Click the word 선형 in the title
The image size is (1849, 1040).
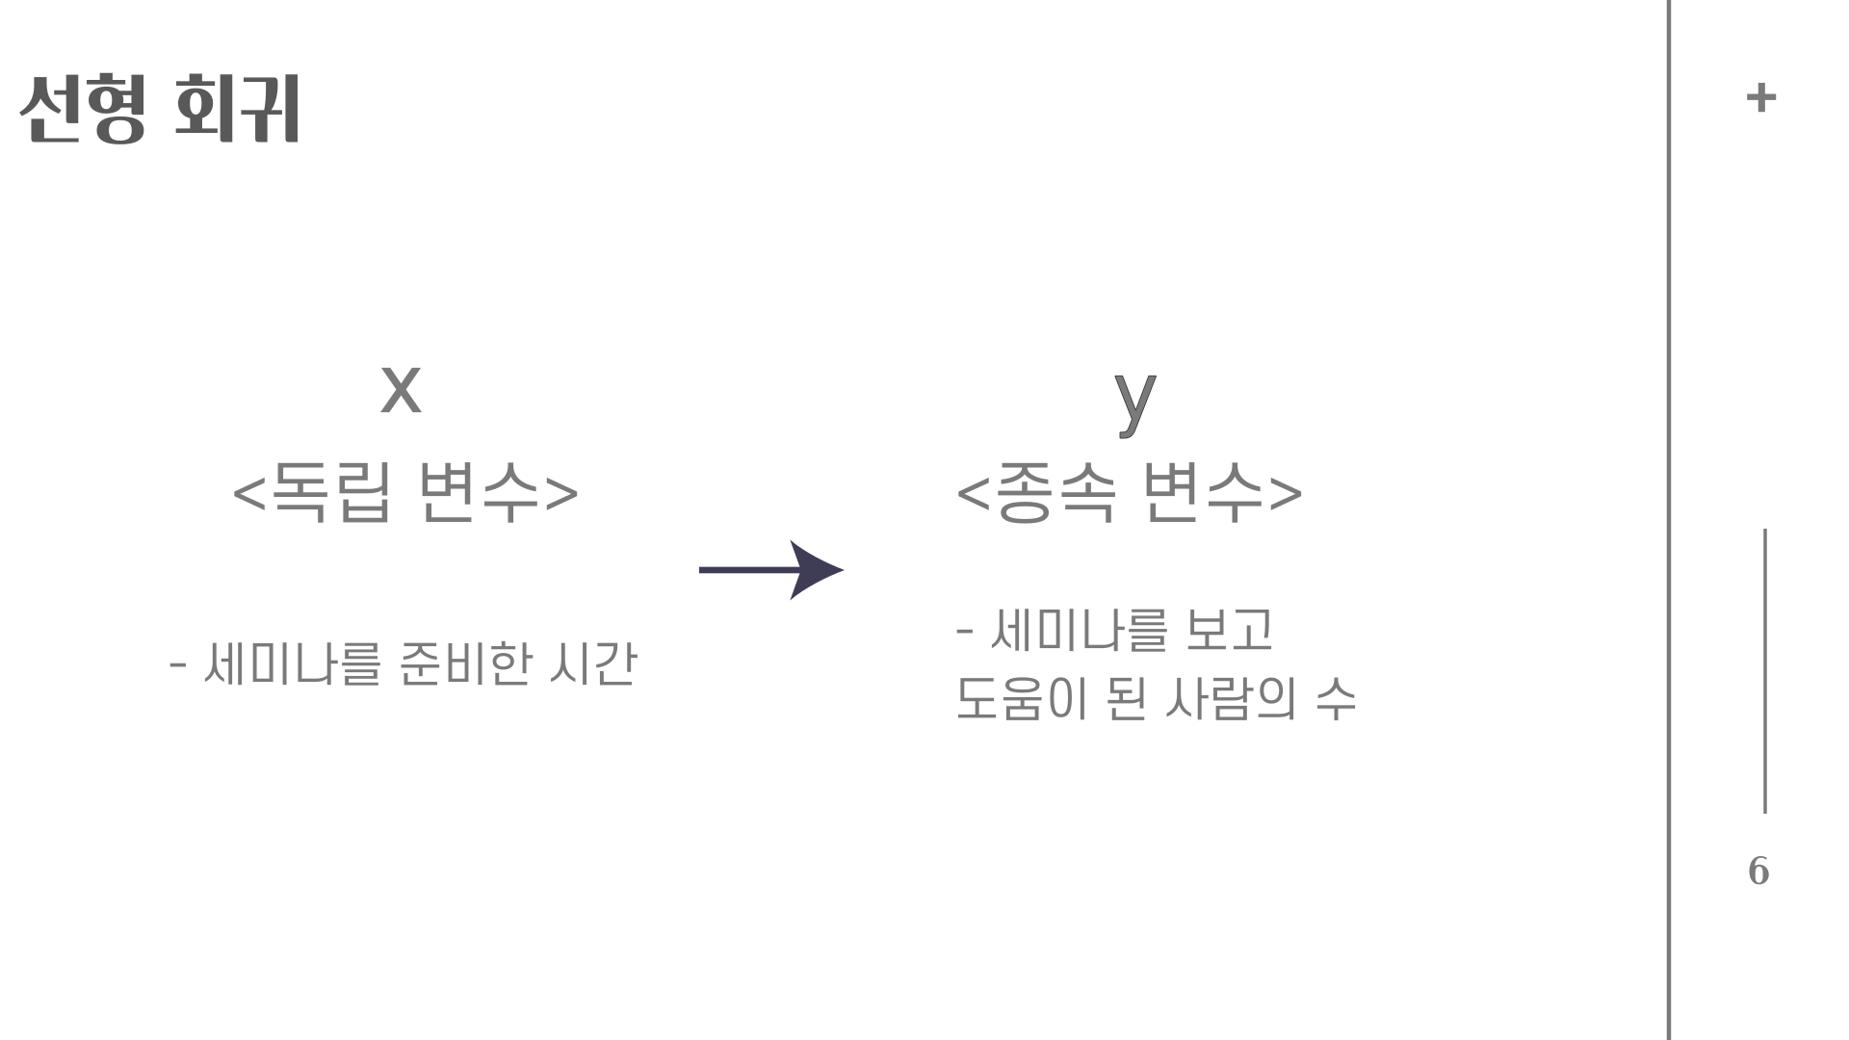point(83,109)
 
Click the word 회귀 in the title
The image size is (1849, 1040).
point(237,109)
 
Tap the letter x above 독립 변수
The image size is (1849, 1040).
point(401,389)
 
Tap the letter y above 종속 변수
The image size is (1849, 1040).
point(1134,400)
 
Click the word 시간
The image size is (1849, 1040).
point(592,663)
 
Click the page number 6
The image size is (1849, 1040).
point(1758,871)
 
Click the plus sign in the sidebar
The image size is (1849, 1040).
point(1761,97)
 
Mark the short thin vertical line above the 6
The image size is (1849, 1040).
point(1765,670)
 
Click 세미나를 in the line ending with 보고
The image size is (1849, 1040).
point(1078,631)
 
